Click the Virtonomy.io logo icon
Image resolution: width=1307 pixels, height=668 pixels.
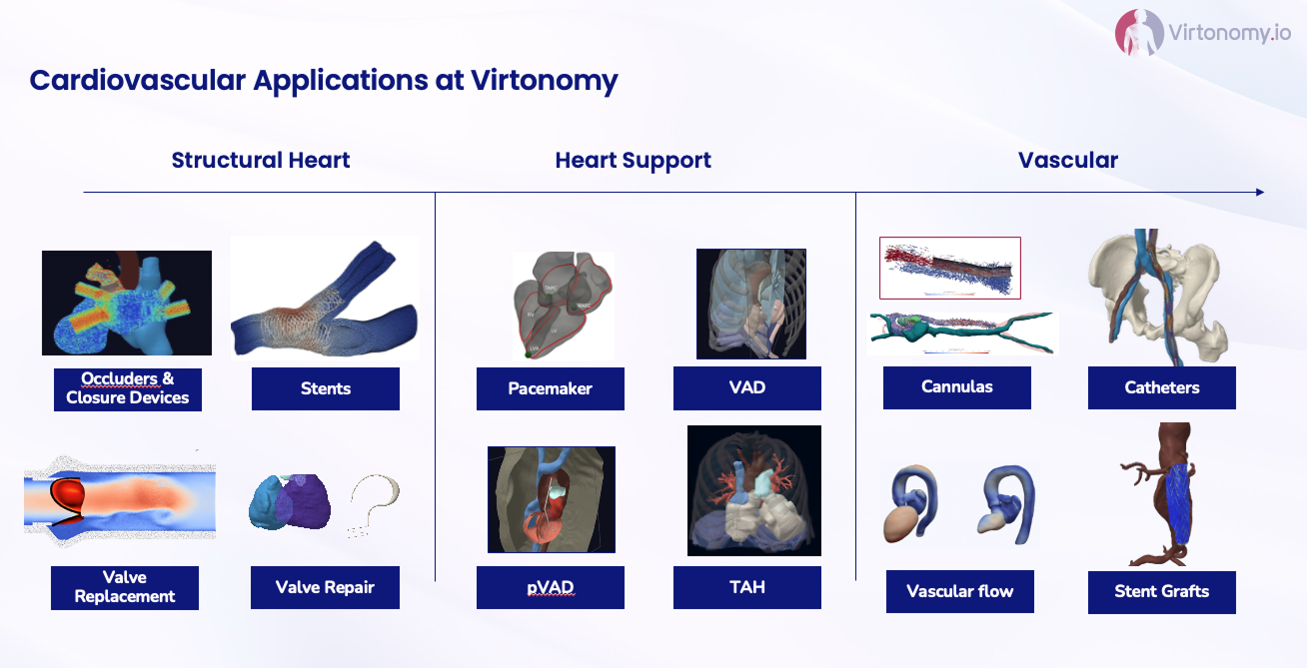point(1139,33)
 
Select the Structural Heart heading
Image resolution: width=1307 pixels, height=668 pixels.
point(260,160)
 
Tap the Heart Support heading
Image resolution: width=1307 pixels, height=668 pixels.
point(634,161)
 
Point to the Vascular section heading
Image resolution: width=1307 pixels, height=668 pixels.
point(1068,160)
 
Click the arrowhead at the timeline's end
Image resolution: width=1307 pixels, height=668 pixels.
point(1260,192)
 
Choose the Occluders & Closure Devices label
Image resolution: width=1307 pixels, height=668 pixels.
point(128,389)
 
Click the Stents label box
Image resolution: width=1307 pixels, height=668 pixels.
point(326,388)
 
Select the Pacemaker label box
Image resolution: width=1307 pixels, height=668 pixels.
point(551,388)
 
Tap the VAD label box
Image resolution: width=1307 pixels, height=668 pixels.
point(746,388)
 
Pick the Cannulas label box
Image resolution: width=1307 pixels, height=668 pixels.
point(957,387)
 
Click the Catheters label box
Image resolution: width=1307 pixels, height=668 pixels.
point(1162,387)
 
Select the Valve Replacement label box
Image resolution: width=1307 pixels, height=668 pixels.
point(125,587)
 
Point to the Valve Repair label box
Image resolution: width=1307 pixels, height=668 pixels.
point(325,587)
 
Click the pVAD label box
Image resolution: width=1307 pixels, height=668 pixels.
point(551,587)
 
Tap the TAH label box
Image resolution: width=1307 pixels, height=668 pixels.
point(746,587)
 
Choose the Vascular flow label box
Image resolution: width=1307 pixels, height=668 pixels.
point(960,592)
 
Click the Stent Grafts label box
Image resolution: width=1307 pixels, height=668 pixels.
point(1162,592)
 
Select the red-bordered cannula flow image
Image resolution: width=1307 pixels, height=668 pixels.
point(950,269)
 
